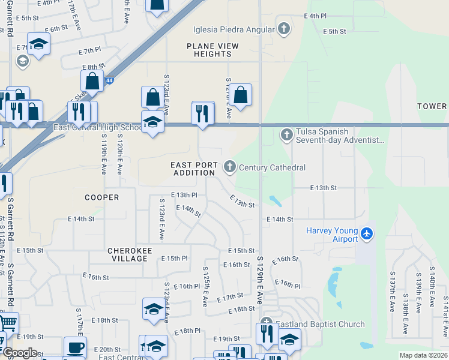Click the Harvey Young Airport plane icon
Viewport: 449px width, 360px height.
367,233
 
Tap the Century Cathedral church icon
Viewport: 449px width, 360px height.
229,166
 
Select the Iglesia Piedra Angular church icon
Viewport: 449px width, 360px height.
284,28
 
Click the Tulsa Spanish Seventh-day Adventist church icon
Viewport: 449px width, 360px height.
286,134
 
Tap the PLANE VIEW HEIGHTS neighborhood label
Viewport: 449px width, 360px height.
212,50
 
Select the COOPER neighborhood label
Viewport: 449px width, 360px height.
101,197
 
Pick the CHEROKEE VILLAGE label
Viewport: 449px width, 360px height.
127,254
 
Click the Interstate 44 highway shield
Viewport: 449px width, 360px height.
109,80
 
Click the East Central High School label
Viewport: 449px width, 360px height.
97,127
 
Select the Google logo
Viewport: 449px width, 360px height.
20,353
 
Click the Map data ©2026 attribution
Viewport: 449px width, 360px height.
423,355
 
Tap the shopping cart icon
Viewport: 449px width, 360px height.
7,322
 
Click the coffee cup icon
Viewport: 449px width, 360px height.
75,347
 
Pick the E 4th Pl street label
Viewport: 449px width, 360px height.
315,16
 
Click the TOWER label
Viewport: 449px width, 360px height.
432,106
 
